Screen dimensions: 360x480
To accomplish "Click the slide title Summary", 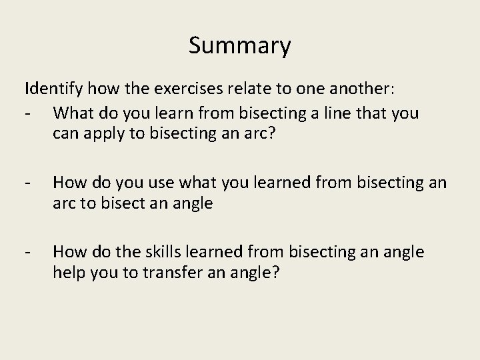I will pos(239,45).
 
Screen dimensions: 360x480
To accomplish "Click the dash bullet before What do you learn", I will pos(28,113).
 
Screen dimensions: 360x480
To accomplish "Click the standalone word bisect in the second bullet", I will pos(121,203).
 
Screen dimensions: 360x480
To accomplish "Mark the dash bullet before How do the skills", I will pos(28,253).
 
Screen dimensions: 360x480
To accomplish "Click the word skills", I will pos(168,253).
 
